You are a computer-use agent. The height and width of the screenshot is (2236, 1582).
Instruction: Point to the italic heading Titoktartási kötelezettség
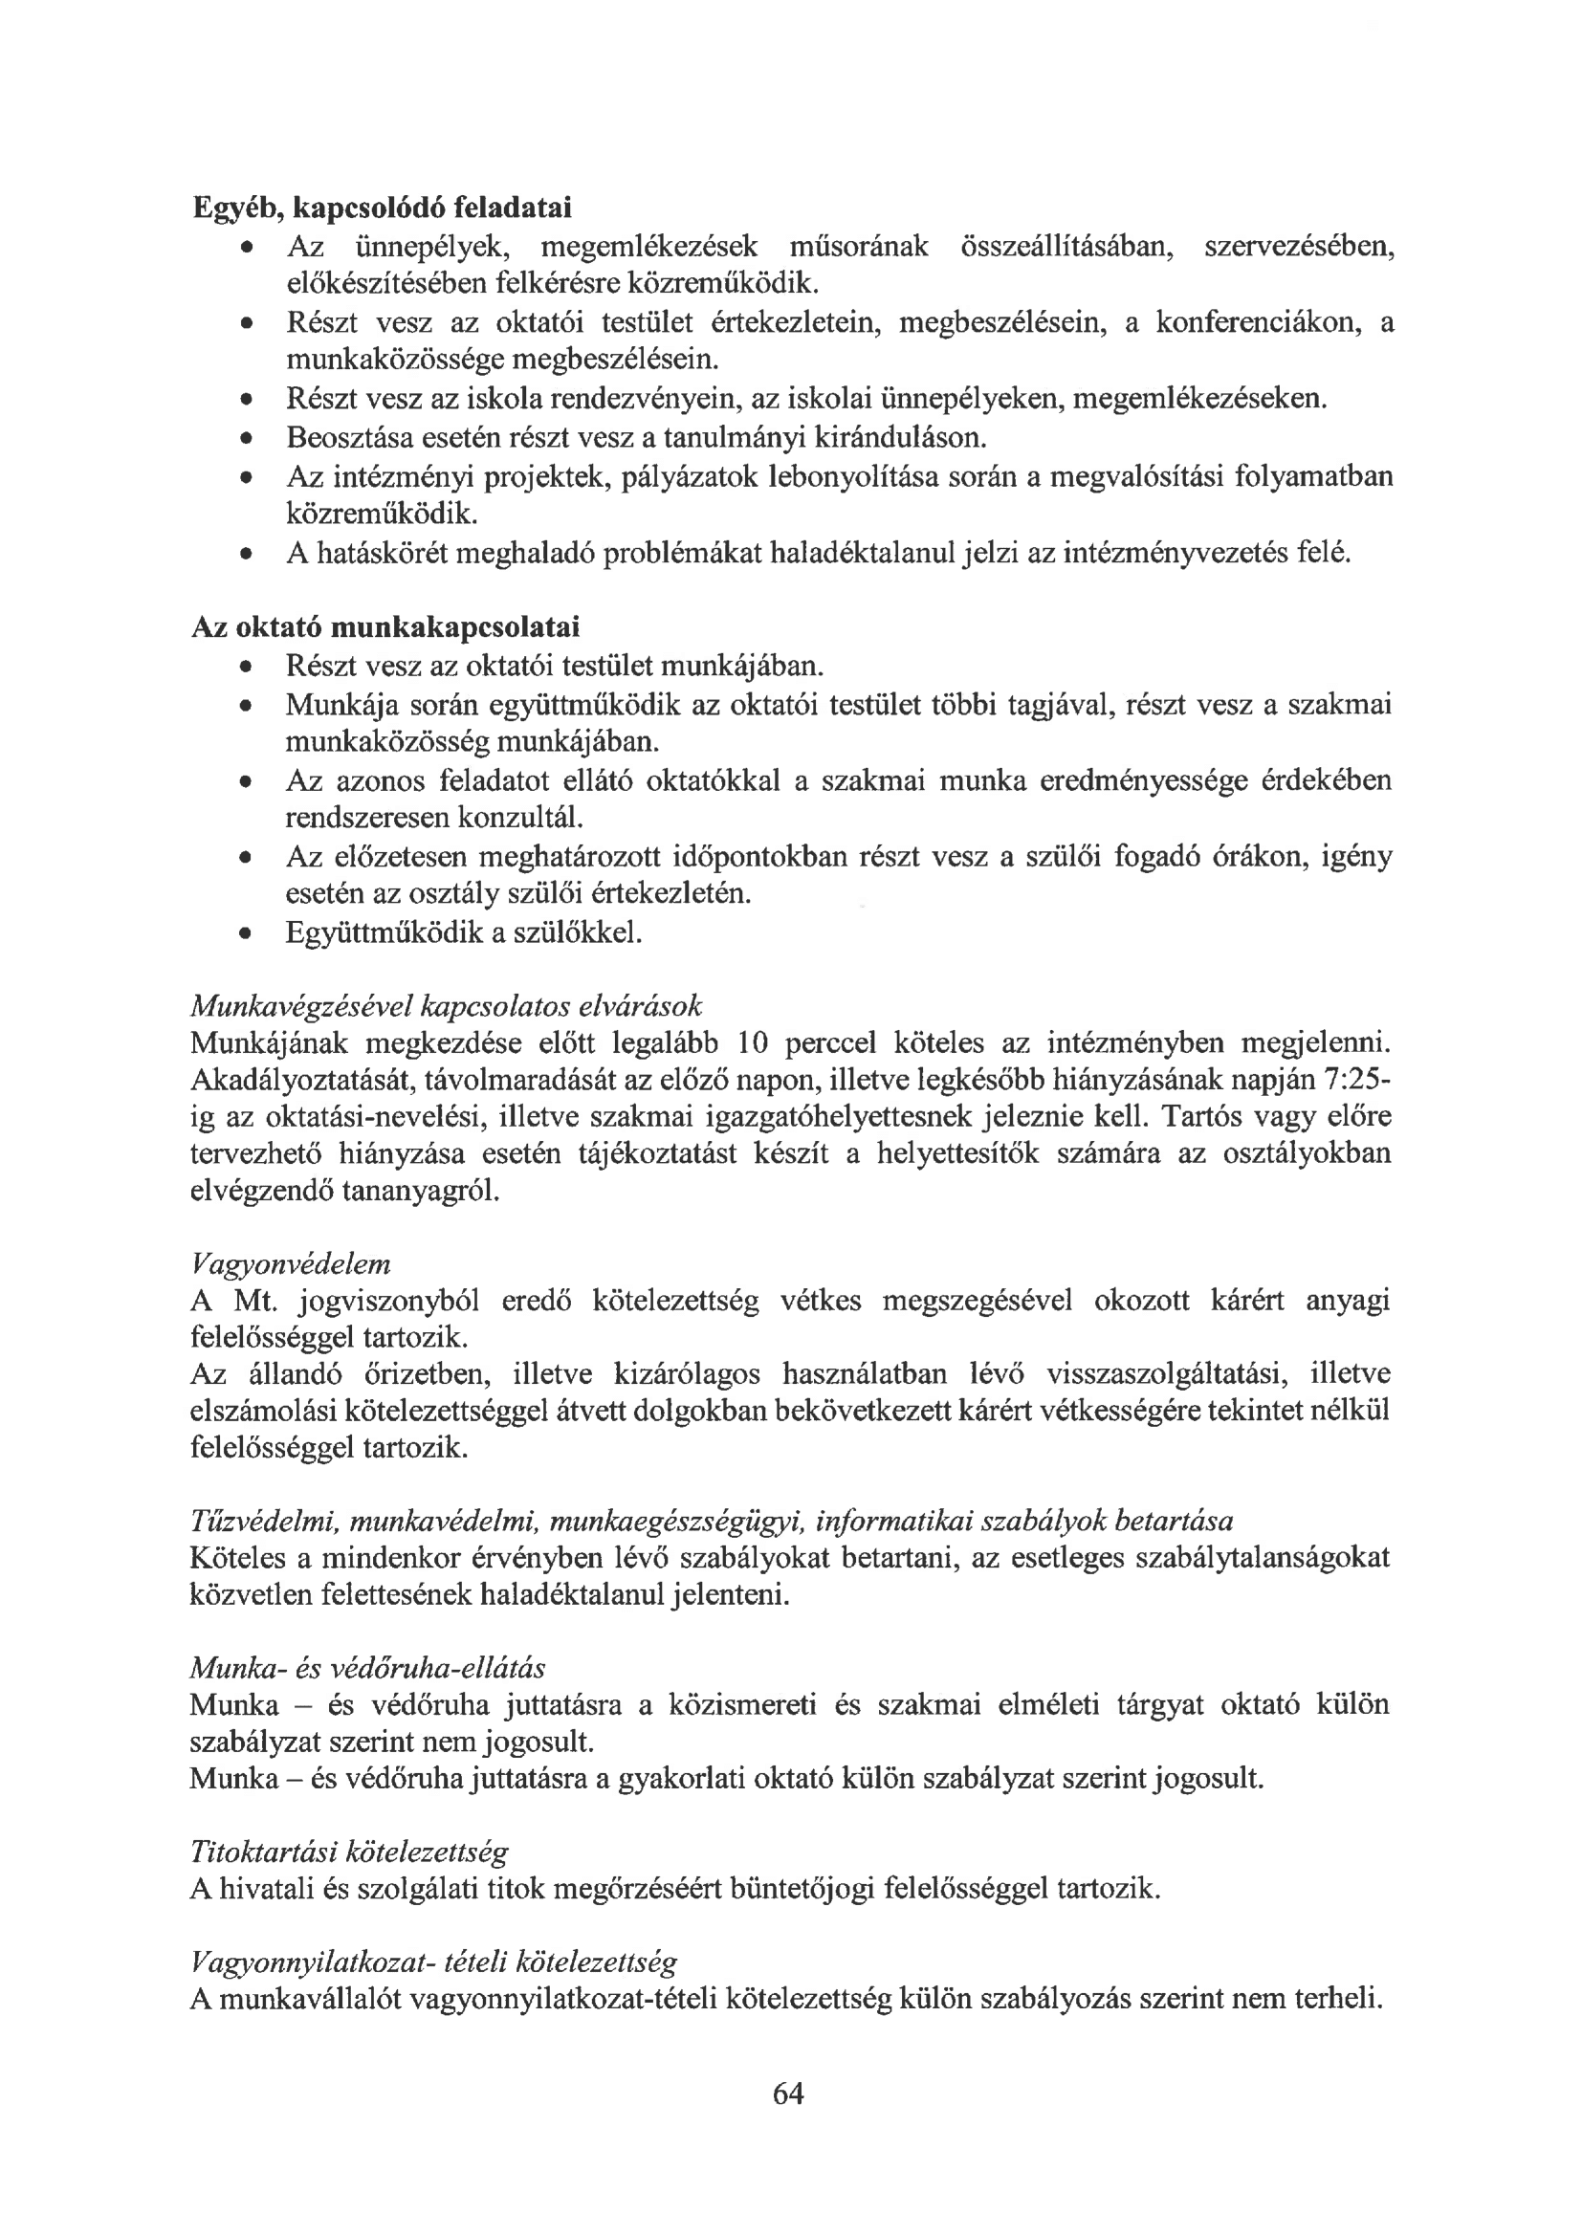pyautogui.click(x=349, y=1852)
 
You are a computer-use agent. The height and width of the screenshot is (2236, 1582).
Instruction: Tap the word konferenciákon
pyautogui.click(x=1261, y=322)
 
